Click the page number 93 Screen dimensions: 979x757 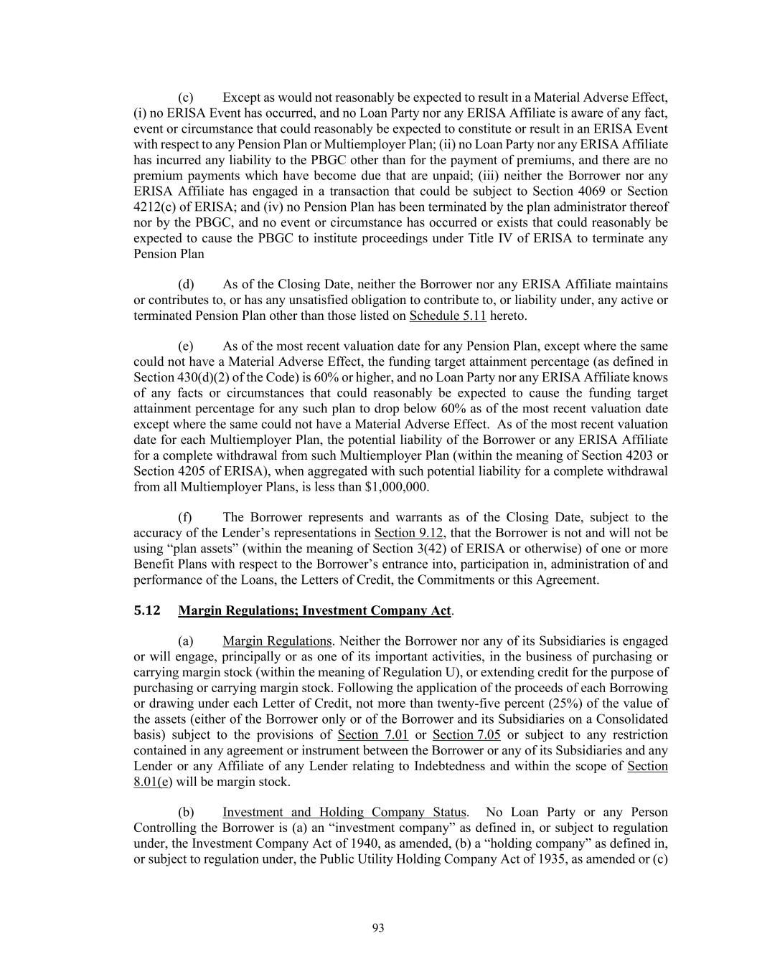coord(378,928)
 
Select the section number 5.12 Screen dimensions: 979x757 coord(147,610)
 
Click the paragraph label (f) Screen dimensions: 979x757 coord(185,517)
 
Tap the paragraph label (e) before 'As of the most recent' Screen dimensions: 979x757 coord(185,346)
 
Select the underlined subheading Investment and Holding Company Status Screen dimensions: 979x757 coord(344,813)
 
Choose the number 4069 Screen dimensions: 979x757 coord(585,191)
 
